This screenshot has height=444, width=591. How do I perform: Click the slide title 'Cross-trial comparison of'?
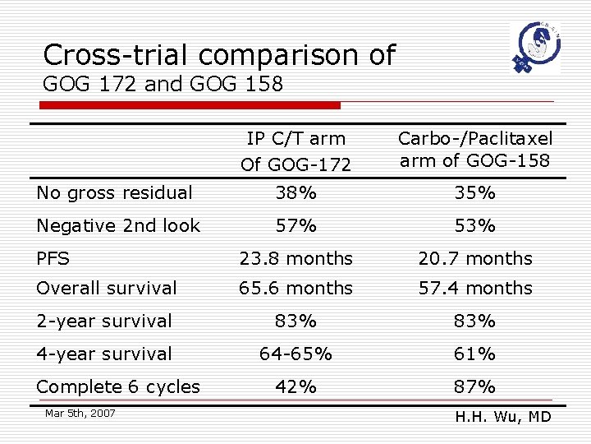click(x=219, y=55)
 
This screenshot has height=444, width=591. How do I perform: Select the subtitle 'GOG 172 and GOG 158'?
click(x=163, y=84)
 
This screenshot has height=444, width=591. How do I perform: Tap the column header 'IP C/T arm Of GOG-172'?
click(x=295, y=151)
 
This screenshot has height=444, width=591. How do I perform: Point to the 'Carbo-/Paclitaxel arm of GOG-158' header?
click(x=475, y=150)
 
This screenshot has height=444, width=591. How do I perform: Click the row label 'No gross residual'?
click(x=115, y=193)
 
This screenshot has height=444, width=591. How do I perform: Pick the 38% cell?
click(x=295, y=193)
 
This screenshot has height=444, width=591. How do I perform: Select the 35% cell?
click(x=475, y=193)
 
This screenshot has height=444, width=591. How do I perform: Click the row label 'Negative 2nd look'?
click(x=118, y=226)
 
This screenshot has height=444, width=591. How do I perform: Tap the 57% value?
click(x=295, y=226)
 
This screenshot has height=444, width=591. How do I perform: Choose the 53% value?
click(x=475, y=226)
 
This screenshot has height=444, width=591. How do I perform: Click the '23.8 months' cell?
click(x=295, y=259)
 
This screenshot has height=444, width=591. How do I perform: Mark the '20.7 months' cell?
click(x=475, y=259)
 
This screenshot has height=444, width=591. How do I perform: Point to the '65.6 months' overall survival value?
click(x=295, y=289)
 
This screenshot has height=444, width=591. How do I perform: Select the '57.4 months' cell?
click(x=475, y=289)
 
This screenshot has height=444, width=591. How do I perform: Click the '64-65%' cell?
click(x=295, y=354)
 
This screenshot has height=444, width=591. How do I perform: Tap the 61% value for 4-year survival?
click(x=475, y=354)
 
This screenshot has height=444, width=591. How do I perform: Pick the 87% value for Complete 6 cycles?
click(x=475, y=387)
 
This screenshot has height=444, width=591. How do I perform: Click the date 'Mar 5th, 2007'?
click(x=80, y=413)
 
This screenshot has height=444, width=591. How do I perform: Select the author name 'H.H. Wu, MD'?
click(x=502, y=418)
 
